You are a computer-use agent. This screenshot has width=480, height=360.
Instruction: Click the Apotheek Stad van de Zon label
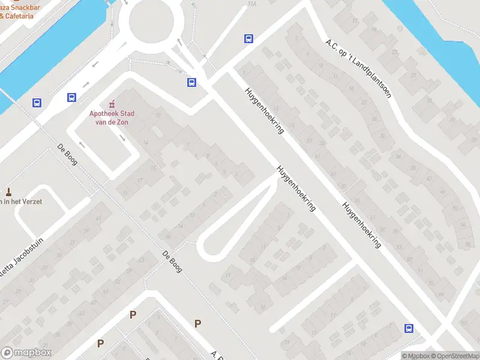click(112, 118)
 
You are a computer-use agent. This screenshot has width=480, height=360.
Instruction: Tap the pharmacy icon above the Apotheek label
click(110, 104)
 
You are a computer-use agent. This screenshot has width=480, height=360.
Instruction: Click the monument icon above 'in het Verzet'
click(8, 192)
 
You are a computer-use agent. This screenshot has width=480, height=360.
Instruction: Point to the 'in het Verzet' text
click(22, 202)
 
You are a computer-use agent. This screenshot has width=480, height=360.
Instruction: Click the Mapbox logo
click(26, 353)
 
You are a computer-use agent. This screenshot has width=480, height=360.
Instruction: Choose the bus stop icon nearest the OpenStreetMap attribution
click(409, 328)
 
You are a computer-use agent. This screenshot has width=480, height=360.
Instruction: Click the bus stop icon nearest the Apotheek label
click(72, 97)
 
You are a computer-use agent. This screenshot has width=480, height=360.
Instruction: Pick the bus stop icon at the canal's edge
click(37, 103)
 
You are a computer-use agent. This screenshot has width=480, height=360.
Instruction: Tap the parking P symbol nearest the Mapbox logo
click(101, 343)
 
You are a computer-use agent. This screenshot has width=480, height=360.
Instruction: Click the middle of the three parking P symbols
click(133, 314)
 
